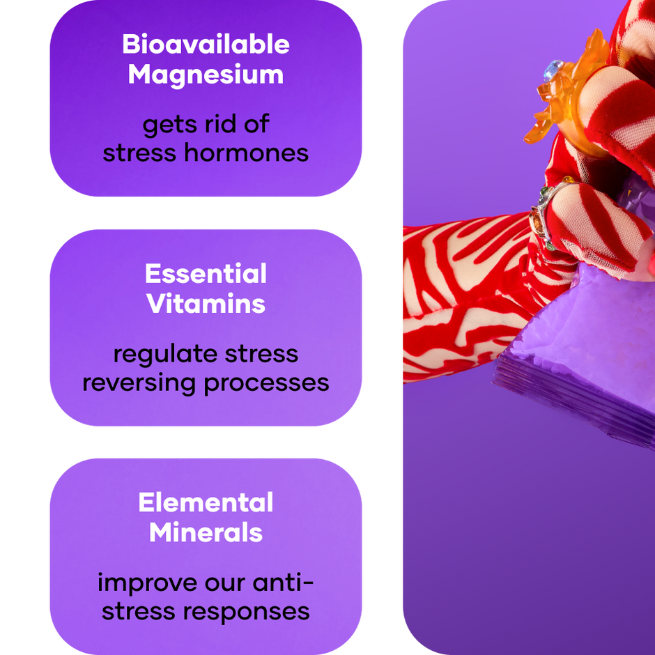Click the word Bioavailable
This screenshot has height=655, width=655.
tap(206, 44)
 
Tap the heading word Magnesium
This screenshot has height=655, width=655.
tap(206, 75)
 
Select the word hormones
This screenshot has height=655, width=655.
tap(247, 153)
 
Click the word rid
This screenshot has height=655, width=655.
tap(221, 124)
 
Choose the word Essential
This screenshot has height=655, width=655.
tap(206, 274)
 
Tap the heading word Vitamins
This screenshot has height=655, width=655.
tap(206, 304)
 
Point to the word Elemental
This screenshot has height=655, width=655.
tap(206, 502)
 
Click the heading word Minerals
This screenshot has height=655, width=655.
tap(206, 532)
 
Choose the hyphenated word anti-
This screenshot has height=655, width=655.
tap(283, 583)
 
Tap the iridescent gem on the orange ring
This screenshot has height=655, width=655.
tap(553, 70)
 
